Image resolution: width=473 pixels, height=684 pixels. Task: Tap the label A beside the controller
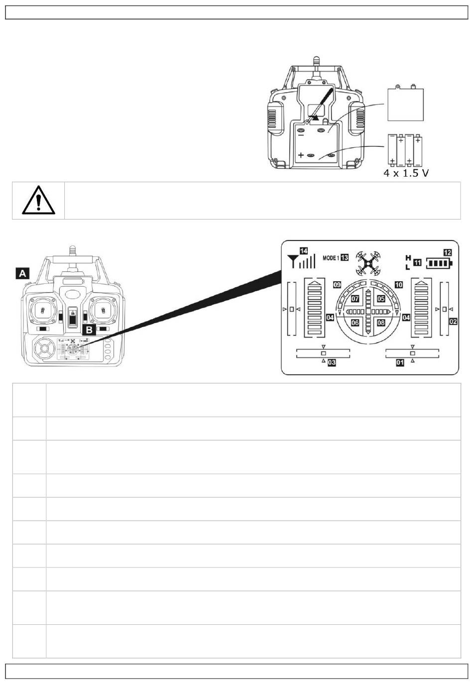tap(22, 273)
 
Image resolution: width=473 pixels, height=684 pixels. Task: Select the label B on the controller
tap(89, 330)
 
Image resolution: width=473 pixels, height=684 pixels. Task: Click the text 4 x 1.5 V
tap(406, 173)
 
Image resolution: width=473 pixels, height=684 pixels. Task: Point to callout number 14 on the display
tap(304, 251)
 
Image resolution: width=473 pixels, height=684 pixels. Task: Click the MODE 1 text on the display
tap(331, 258)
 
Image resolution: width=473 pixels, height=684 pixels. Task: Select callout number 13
tap(345, 257)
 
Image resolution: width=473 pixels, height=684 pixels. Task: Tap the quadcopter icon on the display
tap(368, 263)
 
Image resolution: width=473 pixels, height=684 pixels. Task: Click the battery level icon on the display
tap(439, 263)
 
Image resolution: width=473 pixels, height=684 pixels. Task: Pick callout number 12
tap(447, 252)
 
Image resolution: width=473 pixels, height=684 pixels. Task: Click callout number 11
tap(417, 262)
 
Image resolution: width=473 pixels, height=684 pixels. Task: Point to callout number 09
tap(337, 285)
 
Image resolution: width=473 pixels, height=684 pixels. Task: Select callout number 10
tap(399, 285)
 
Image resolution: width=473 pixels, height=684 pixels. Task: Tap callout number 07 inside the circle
tap(355, 299)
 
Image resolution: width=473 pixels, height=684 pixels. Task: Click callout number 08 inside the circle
tap(381, 323)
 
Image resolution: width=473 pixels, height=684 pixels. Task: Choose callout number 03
tap(332, 363)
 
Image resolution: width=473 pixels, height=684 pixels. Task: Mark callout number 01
tap(400, 363)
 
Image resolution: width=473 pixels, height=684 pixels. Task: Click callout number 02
tap(453, 321)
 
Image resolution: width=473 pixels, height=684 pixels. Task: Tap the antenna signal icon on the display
tap(301, 261)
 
